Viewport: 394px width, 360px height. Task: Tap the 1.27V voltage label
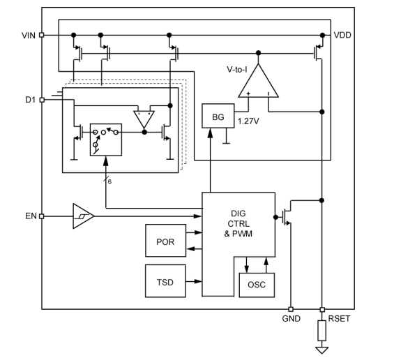(x=249, y=121)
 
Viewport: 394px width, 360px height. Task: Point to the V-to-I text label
(x=237, y=70)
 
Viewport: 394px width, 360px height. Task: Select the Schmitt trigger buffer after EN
(x=82, y=216)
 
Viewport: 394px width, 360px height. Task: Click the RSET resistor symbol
(x=322, y=328)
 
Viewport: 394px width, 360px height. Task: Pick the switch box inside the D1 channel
(x=106, y=140)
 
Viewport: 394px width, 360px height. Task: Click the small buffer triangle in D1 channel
(x=144, y=119)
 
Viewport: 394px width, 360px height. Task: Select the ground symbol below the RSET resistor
(x=322, y=350)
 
